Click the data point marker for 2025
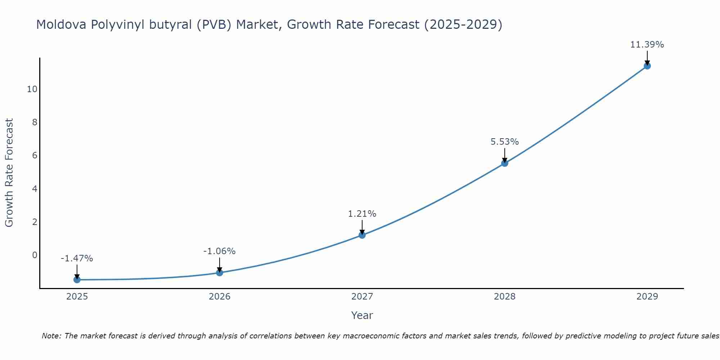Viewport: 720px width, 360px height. pyautogui.click(x=77, y=280)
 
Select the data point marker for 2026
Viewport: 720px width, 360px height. pyautogui.click(x=220, y=273)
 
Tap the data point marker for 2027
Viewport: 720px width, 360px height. pyautogui.click(x=362, y=235)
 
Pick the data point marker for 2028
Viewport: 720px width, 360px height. pyautogui.click(x=505, y=163)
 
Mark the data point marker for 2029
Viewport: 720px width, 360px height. pyautogui.click(x=647, y=66)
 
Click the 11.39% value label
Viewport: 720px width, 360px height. pyautogui.click(x=647, y=45)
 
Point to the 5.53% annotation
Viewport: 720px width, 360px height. pyautogui.click(x=505, y=142)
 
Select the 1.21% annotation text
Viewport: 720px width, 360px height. pyautogui.click(x=362, y=214)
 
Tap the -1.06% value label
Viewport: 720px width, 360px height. pyautogui.click(x=220, y=251)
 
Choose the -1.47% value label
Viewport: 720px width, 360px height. pyautogui.click(x=77, y=258)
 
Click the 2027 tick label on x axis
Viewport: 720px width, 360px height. pyautogui.click(x=362, y=297)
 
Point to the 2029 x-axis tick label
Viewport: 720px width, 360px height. pyautogui.click(x=647, y=297)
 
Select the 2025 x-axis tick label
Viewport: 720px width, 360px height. pyautogui.click(x=77, y=297)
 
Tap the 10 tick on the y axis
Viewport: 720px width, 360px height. pyautogui.click(x=32, y=89)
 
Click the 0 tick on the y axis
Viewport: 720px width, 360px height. pyautogui.click(x=35, y=255)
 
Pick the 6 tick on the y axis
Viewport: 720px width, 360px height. pyautogui.click(x=35, y=156)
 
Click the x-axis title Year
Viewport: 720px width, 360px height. pyautogui.click(x=362, y=315)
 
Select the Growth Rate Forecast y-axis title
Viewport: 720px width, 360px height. pyautogui.click(x=9, y=173)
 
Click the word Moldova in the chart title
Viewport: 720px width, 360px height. pyautogui.click(x=61, y=25)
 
